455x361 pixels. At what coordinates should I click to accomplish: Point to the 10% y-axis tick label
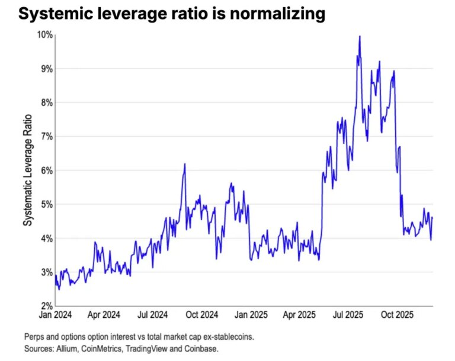pyautogui.click(x=44, y=35)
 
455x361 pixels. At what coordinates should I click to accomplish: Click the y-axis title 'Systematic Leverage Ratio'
pyautogui.click(x=27, y=170)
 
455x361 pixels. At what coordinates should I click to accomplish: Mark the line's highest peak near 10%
pyautogui.click(x=360, y=37)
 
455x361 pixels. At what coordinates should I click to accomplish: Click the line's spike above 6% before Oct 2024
pyautogui.click(x=185, y=164)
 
